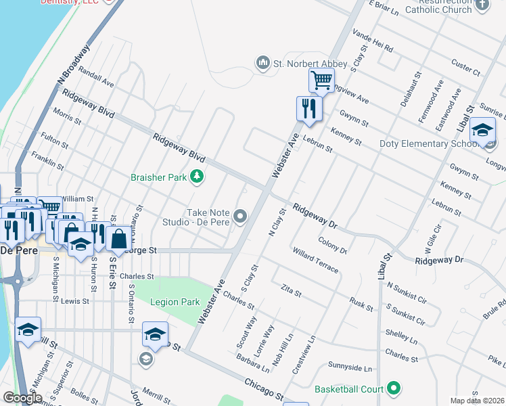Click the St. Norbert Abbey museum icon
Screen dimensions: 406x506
262,64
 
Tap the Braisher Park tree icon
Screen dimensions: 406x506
197,177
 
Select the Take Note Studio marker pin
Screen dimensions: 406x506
240,217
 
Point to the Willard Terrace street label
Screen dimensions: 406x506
315,260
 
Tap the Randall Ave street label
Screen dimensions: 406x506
96,77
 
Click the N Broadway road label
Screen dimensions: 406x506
74,64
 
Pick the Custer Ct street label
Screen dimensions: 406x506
465,68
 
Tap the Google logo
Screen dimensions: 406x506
22,398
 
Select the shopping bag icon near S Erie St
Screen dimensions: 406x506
118,239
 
